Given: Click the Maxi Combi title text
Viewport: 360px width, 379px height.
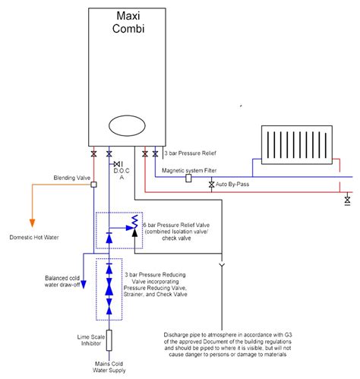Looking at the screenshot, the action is click(128, 22).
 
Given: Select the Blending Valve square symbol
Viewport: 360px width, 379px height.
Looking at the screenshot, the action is click(93, 185).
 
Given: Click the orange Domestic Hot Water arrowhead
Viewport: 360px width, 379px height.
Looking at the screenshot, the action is click(32, 223).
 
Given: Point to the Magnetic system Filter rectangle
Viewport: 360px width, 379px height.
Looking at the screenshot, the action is click(188, 178).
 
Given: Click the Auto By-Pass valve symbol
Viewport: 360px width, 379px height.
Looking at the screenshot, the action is click(212, 185).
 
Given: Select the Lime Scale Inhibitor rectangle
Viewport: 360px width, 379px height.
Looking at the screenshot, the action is click(109, 340).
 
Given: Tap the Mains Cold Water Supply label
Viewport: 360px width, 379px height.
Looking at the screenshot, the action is click(109, 367).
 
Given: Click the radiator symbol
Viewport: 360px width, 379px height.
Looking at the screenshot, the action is click(297, 145).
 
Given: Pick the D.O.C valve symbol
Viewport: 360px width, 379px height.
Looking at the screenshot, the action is click(118, 164).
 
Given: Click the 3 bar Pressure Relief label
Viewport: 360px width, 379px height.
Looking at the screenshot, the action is click(191, 153).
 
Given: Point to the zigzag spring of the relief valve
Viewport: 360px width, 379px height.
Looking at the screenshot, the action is click(134, 222).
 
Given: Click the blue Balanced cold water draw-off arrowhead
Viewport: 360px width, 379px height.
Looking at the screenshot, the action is click(84, 284).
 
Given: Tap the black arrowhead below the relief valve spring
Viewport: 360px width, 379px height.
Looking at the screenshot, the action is click(134, 233).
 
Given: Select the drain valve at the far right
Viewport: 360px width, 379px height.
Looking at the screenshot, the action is click(347, 201).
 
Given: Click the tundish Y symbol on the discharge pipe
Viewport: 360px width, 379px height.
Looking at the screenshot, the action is click(222, 265).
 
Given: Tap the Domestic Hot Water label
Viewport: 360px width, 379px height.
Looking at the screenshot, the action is click(34, 238).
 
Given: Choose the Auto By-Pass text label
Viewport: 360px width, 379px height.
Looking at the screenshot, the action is click(232, 185).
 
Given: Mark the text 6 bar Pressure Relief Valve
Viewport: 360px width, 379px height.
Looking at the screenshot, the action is click(176, 225).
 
